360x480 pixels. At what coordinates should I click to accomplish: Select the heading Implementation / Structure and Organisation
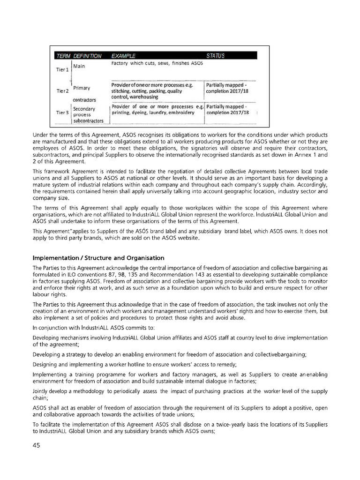tap(98, 258)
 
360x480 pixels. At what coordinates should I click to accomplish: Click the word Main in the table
tap(79, 66)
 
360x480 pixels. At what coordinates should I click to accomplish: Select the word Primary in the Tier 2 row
tap(82, 88)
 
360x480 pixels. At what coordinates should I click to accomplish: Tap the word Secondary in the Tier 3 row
tap(84, 108)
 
